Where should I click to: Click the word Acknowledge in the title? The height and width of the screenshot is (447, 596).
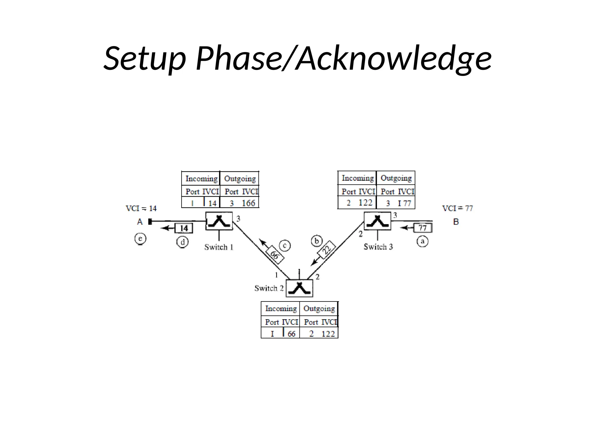[x=393, y=58]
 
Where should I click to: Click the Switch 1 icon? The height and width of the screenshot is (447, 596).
[x=219, y=221]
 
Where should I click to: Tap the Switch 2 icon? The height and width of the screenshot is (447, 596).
[x=299, y=288]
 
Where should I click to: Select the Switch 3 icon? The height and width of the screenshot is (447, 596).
[x=377, y=221]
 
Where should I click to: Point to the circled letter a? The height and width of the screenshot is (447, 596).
[x=423, y=241]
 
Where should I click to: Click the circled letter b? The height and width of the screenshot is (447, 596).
[x=317, y=241]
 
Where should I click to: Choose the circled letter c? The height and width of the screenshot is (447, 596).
[x=285, y=246]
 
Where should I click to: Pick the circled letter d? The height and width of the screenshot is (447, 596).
[x=182, y=242]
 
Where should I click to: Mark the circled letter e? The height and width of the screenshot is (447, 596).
[x=140, y=239]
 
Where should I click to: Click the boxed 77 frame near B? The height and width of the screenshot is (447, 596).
[x=423, y=228]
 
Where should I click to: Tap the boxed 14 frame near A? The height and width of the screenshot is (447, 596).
[x=184, y=228]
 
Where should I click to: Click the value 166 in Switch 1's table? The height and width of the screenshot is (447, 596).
[x=248, y=203]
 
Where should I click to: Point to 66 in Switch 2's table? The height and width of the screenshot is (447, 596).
[x=291, y=334]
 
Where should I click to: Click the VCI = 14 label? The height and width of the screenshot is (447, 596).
[x=141, y=208]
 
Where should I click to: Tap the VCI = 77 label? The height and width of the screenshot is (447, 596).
[x=457, y=208]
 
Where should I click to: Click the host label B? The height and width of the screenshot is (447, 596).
[x=456, y=222]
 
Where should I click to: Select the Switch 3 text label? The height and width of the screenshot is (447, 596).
[x=378, y=247]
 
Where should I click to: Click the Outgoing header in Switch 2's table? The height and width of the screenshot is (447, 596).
[x=319, y=308]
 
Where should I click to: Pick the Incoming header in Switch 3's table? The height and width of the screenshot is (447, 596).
[x=358, y=178]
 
